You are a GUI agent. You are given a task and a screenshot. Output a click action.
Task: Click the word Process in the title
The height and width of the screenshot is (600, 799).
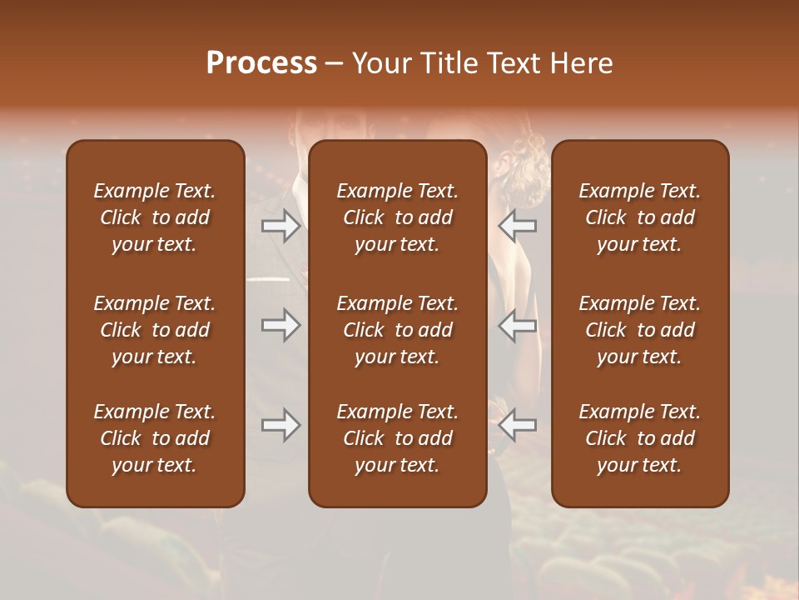[261, 63]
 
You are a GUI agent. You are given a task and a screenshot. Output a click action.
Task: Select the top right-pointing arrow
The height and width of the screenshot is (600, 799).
[281, 226]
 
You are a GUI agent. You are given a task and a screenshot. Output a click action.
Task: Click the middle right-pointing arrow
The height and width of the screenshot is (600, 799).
[281, 325]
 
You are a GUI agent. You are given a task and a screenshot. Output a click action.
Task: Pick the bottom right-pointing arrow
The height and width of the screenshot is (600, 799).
[281, 425]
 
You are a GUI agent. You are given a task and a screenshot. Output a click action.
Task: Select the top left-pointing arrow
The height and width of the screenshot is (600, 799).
[518, 226]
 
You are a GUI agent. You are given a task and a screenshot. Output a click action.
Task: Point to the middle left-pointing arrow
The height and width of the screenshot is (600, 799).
[518, 325]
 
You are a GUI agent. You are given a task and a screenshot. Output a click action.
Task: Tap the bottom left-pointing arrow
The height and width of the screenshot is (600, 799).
[518, 425]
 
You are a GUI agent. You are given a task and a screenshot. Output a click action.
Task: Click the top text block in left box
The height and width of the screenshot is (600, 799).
[154, 217]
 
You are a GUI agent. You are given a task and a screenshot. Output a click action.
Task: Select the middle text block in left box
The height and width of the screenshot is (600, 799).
[154, 330]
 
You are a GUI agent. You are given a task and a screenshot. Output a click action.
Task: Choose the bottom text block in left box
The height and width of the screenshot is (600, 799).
[154, 438]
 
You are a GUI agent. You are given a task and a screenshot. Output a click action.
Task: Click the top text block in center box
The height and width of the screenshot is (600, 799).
[397, 217]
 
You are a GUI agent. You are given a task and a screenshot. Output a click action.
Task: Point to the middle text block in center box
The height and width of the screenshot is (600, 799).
[397, 330]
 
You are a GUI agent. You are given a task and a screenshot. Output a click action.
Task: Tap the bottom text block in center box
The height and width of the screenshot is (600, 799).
[397, 438]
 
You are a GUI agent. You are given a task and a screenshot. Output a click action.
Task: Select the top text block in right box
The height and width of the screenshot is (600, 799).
[639, 217]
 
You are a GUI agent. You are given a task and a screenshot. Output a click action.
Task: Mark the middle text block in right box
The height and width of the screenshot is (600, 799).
[639, 330]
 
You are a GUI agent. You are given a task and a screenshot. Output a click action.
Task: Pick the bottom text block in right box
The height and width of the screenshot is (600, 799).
[639, 438]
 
